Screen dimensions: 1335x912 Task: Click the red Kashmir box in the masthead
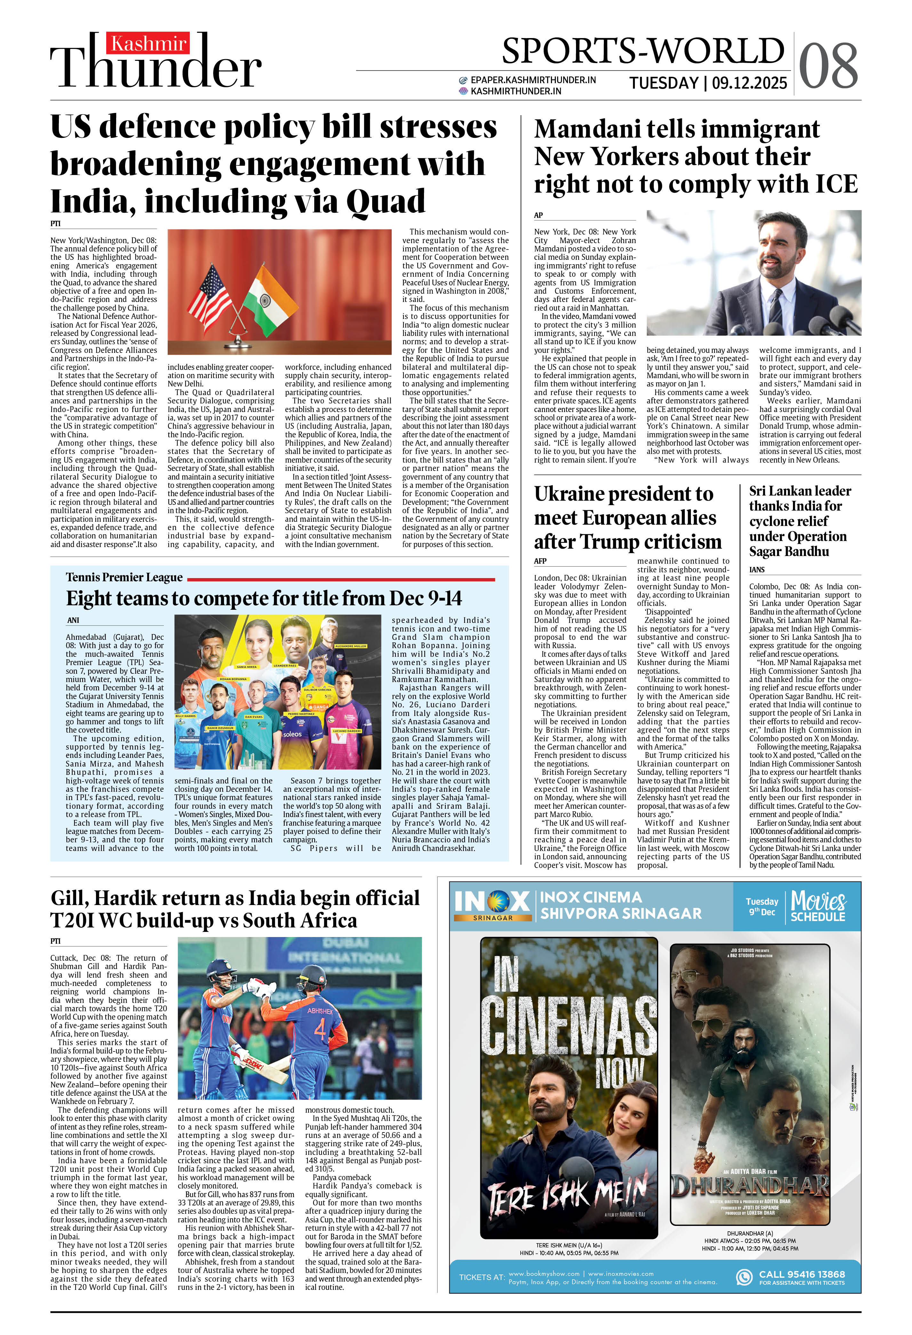tap(148, 44)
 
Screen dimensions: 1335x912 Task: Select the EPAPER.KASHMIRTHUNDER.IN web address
tap(532, 80)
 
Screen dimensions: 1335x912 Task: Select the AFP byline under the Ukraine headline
tap(540, 561)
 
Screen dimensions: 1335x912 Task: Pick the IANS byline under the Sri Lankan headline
tap(757, 569)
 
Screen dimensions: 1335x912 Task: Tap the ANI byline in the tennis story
tap(73, 620)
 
